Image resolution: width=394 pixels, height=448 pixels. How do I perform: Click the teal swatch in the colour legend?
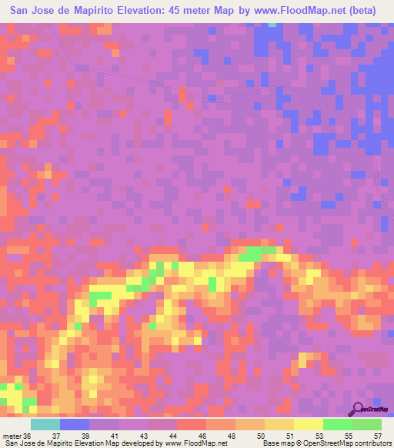pos(45,423)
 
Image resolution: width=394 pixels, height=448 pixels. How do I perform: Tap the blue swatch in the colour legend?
pos(75,423)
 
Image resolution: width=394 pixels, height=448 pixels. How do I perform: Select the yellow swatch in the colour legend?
pos(309,423)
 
